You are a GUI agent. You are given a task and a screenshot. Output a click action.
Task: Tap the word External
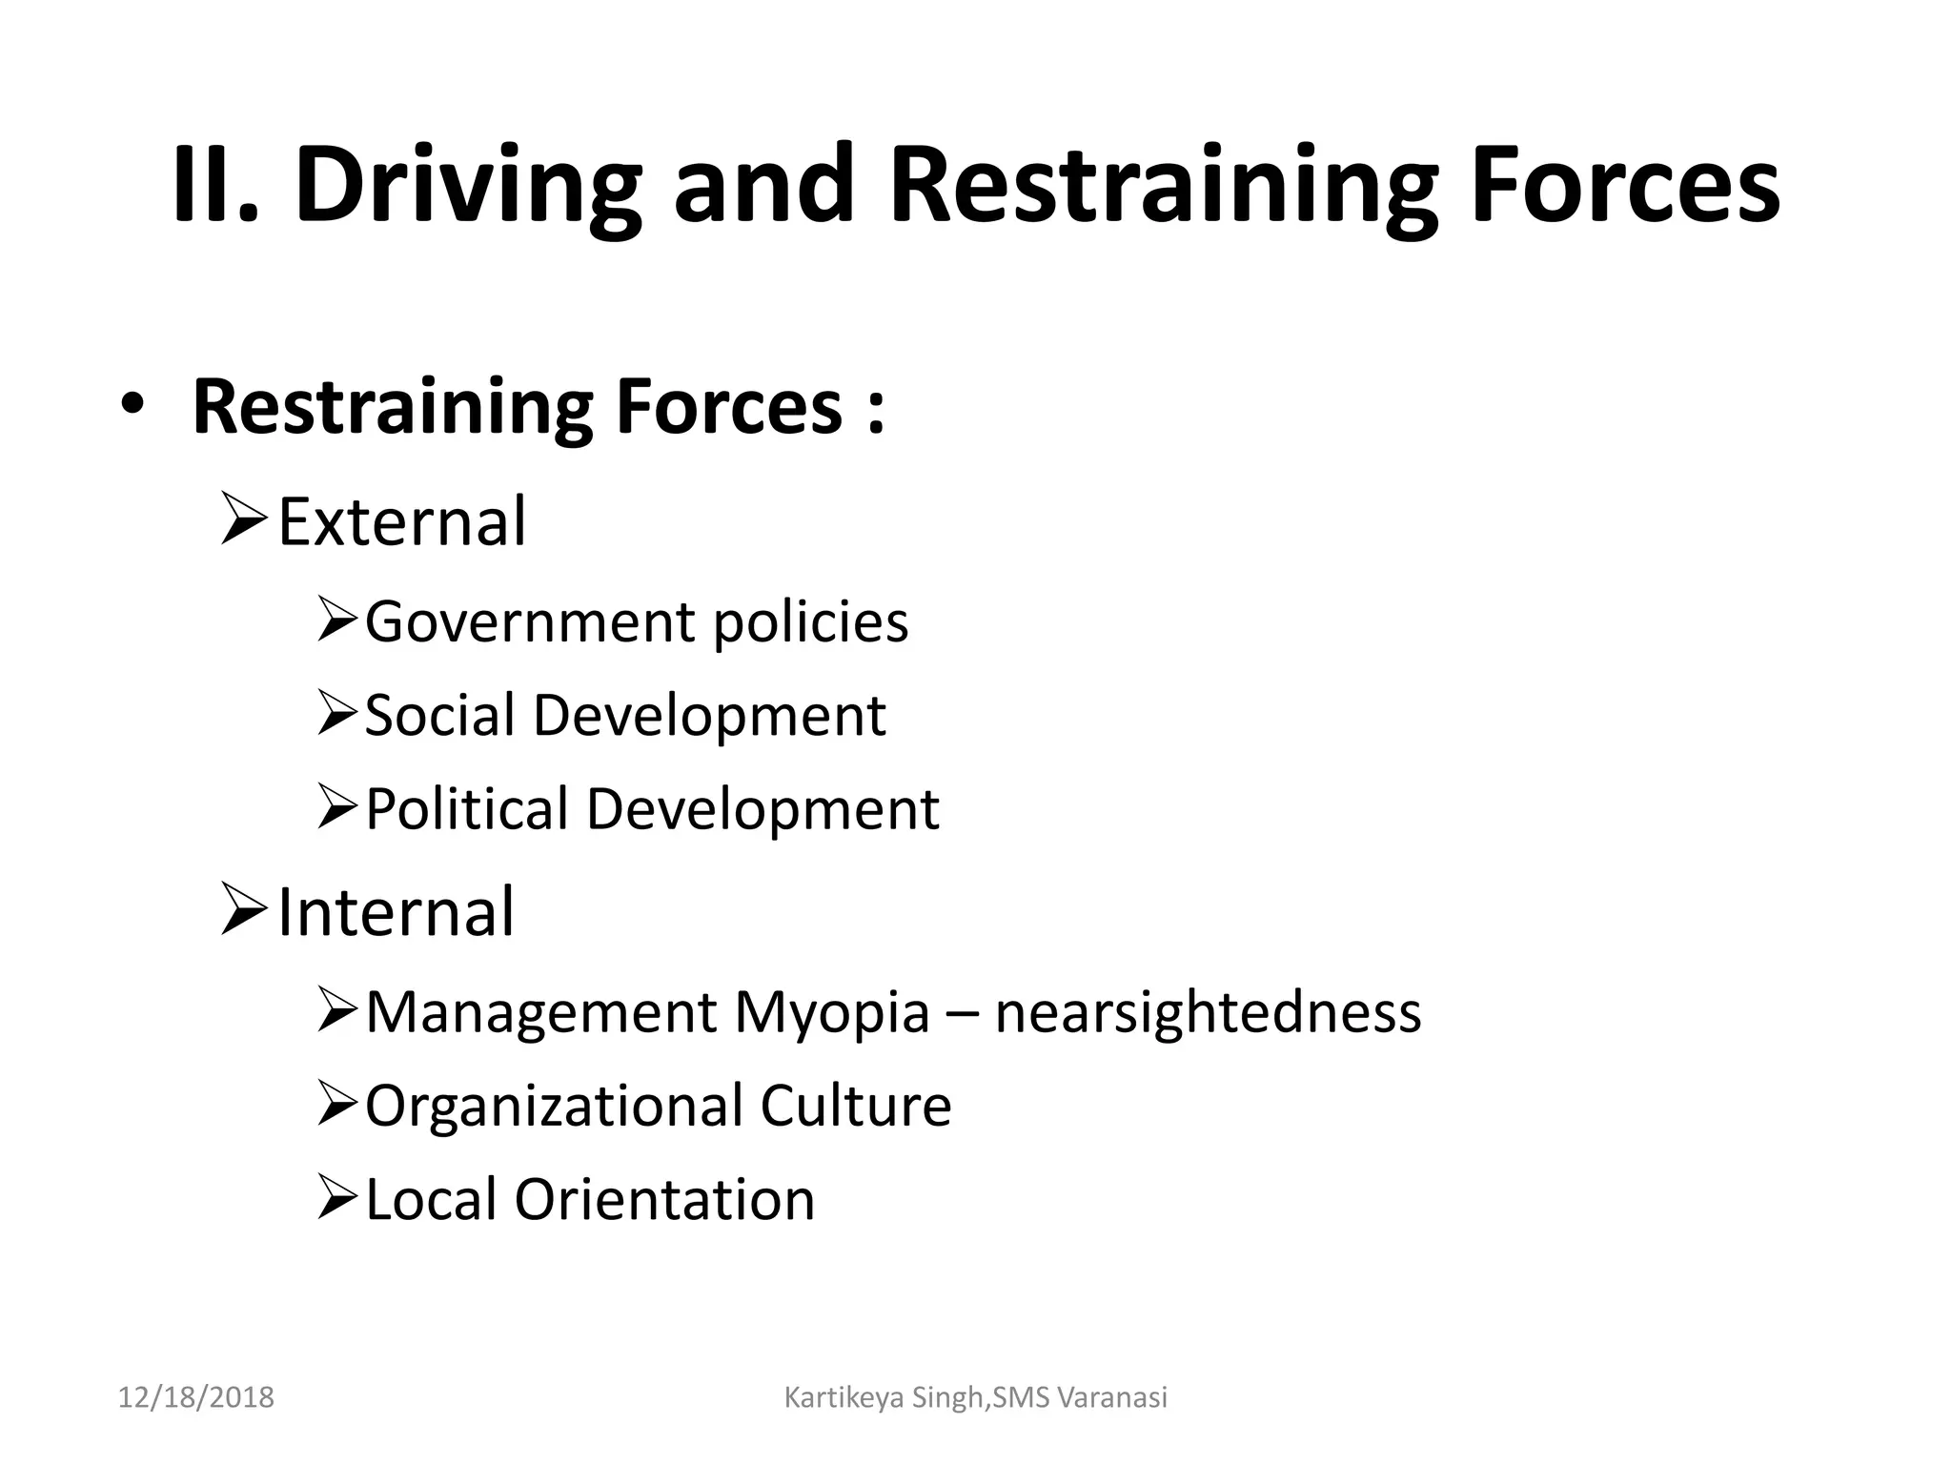pyautogui.click(x=401, y=522)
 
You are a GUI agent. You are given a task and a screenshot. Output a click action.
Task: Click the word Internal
pyautogui.click(x=396, y=911)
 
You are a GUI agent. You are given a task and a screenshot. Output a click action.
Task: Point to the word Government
pyautogui.click(x=530, y=622)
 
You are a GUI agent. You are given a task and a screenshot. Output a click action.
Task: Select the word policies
pyautogui.click(x=810, y=622)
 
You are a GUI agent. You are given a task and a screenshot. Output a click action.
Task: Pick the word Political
pyautogui.click(x=466, y=809)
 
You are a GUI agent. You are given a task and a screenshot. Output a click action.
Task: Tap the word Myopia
pyautogui.click(x=831, y=1012)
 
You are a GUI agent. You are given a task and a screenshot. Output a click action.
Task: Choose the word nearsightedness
pyautogui.click(x=1208, y=1012)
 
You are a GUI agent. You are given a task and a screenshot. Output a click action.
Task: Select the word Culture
pyautogui.click(x=855, y=1106)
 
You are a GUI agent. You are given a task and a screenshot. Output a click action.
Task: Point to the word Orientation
pyautogui.click(x=664, y=1199)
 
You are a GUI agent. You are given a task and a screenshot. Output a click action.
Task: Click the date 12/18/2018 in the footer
pyautogui.click(x=196, y=1397)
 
